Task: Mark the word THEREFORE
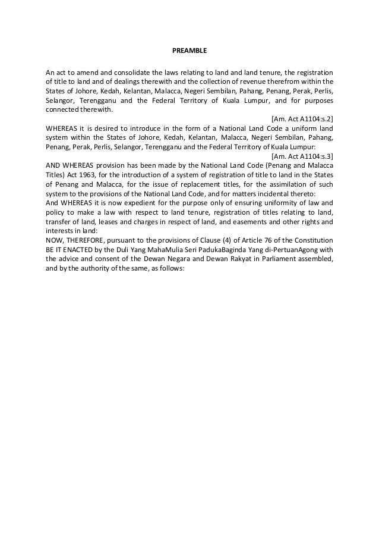click(x=89, y=239)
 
